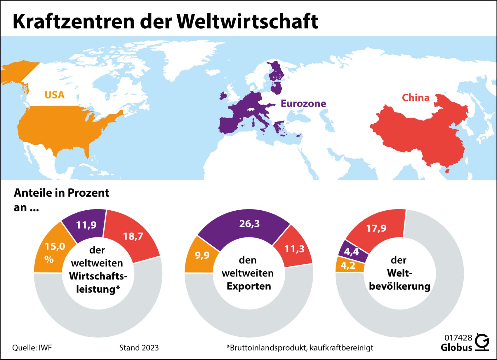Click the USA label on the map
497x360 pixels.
[x=54, y=95]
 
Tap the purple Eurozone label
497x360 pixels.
[x=303, y=103]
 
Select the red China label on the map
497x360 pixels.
[x=416, y=98]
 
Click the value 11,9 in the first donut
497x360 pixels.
[x=86, y=225]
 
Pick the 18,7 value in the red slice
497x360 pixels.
[x=133, y=236]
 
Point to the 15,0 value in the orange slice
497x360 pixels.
[x=55, y=247]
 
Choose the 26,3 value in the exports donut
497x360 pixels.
[x=249, y=223]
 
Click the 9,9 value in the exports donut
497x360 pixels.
[x=202, y=255]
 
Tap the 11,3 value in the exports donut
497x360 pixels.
[x=294, y=249]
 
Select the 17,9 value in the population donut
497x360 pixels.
[x=376, y=228]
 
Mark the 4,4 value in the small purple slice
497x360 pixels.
[x=351, y=251]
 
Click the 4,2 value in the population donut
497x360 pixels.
[x=348, y=265]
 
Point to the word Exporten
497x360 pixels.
[x=249, y=286]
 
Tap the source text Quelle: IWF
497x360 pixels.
[x=32, y=348]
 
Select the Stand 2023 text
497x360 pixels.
[x=139, y=348]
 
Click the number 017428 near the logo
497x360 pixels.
[x=458, y=338]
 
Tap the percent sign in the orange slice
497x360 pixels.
[x=49, y=259]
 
